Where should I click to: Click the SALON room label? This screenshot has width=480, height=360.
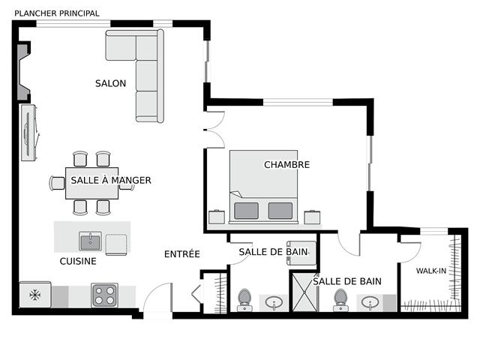(x=110, y=83)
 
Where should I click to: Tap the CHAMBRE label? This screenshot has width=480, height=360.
(x=286, y=165)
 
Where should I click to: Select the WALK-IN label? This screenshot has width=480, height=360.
(x=431, y=271)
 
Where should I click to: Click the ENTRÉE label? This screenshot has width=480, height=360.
(x=181, y=253)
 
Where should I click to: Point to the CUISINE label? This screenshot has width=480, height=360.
(x=78, y=261)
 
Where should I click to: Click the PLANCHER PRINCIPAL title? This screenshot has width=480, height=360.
(x=57, y=13)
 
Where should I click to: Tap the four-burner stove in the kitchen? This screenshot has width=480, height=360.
(x=104, y=295)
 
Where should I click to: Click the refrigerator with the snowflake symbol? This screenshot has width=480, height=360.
(x=35, y=295)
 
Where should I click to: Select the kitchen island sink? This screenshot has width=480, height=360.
(x=90, y=241)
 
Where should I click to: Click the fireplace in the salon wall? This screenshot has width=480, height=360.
(x=23, y=72)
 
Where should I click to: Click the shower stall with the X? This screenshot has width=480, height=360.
(x=304, y=292)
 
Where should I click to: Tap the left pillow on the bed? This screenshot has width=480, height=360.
(x=246, y=211)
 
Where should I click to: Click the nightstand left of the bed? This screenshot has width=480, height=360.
(x=217, y=217)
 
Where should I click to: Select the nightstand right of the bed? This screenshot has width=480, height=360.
(x=312, y=217)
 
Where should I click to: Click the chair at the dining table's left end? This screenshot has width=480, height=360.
(x=57, y=183)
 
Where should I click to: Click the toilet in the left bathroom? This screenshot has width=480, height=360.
(x=244, y=300)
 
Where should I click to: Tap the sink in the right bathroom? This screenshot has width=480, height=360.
(x=370, y=303)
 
